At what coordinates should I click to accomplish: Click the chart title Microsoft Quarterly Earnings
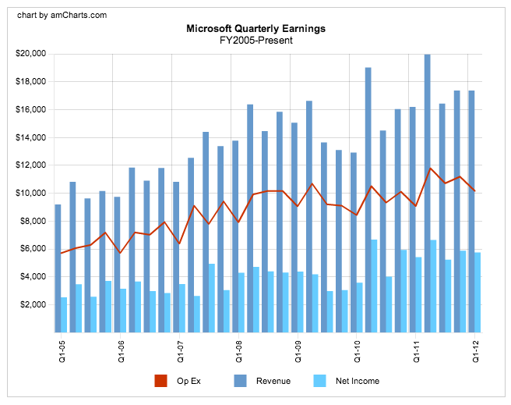click(255, 29)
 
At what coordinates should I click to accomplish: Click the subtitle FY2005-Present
click(255, 40)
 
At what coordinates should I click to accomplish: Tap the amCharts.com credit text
click(62, 15)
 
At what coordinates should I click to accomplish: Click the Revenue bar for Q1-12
click(471, 211)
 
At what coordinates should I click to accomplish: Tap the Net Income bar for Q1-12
click(478, 292)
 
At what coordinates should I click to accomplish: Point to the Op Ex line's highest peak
click(430, 168)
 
